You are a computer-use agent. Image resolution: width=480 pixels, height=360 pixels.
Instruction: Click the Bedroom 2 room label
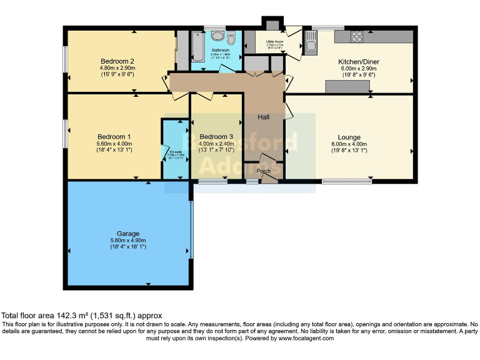pos(117,61)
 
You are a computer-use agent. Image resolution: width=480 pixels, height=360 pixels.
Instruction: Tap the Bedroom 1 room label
pos(114,137)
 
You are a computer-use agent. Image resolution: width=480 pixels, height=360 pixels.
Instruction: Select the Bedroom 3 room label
pos(216,137)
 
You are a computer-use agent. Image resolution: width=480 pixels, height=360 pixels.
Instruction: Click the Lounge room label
pos(349,137)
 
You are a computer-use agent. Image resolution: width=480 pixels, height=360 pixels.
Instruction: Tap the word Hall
pos(264,117)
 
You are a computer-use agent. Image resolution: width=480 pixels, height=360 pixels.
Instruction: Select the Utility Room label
pos(275,41)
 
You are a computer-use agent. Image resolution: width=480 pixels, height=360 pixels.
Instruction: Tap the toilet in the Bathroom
pos(231,38)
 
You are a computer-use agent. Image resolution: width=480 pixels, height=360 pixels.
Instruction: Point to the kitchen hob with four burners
pos(357,36)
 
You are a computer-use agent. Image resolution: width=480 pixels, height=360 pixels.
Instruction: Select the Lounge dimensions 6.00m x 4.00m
pos(349,144)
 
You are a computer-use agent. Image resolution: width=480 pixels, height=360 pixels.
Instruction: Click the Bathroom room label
pos(221,49)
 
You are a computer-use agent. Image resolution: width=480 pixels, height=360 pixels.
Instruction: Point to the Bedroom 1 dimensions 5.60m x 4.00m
pos(114,144)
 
